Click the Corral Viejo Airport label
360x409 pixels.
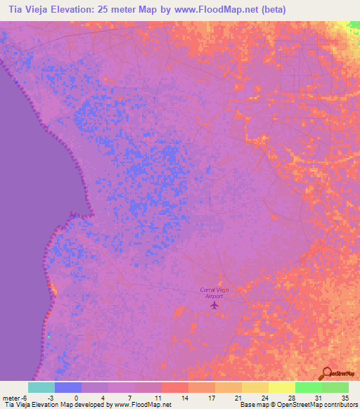[214, 293]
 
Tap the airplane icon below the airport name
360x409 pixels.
[215, 304]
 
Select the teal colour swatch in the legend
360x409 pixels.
[41, 387]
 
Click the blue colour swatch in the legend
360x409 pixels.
[67, 387]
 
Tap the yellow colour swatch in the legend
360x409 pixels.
[281, 387]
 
